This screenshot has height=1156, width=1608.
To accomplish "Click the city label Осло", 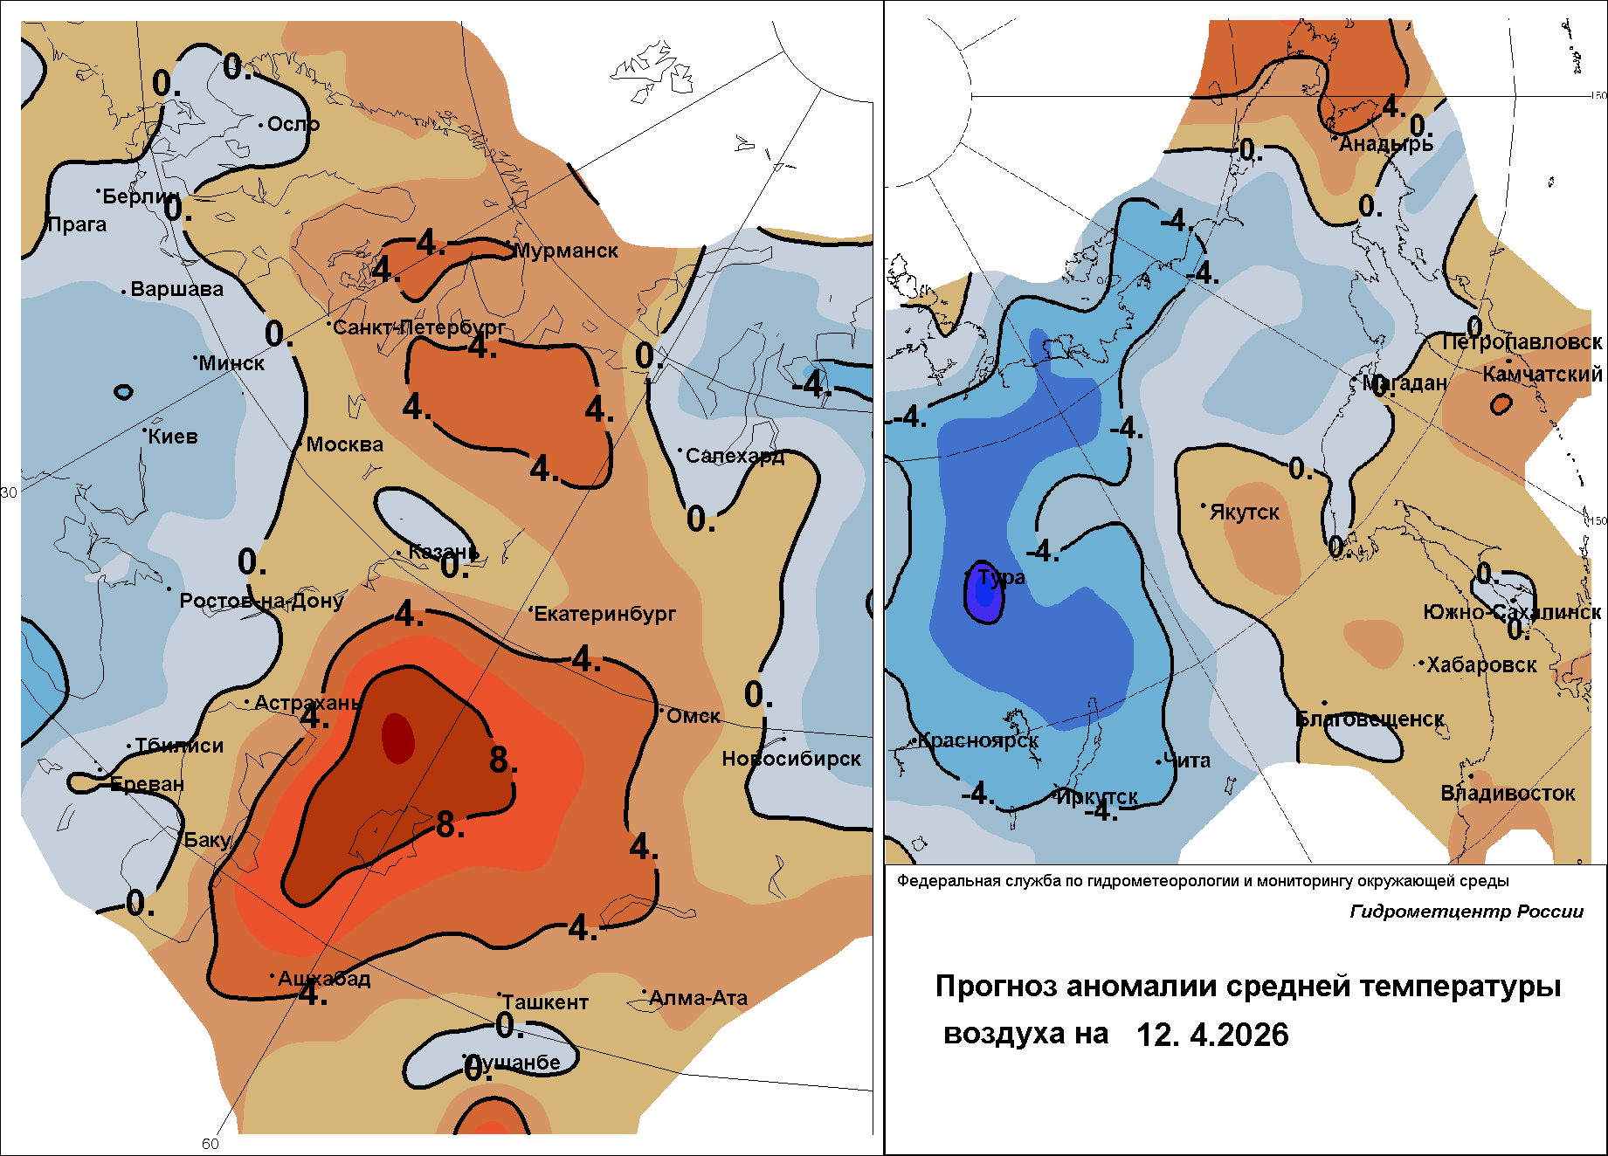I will click(293, 124).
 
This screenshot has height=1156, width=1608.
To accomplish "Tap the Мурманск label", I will click(566, 251).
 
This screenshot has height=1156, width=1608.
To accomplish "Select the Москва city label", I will click(345, 444).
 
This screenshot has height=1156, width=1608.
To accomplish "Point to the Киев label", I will click(173, 437).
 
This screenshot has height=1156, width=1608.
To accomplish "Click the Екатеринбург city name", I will click(605, 614).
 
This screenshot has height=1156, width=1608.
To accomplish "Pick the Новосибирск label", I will click(791, 759).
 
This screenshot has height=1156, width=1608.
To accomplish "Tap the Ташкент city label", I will click(545, 1002).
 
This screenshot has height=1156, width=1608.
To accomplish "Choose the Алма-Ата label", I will click(699, 998).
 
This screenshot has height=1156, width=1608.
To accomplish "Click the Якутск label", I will click(1244, 513).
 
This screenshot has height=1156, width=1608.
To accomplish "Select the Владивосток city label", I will click(1508, 794).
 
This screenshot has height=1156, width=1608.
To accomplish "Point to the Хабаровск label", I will click(1481, 664).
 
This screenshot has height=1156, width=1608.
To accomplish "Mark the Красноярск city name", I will click(978, 741).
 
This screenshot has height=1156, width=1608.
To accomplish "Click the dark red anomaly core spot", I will click(397, 737).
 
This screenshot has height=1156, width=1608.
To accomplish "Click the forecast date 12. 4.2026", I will click(1212, 1035).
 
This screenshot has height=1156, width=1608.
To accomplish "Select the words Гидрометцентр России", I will click(1467, 912).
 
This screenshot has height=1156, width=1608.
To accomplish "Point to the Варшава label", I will click(176, 289).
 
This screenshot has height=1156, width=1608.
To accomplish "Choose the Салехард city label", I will click(735, 456).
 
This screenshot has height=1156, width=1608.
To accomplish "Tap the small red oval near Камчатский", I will click(1501, 404).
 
